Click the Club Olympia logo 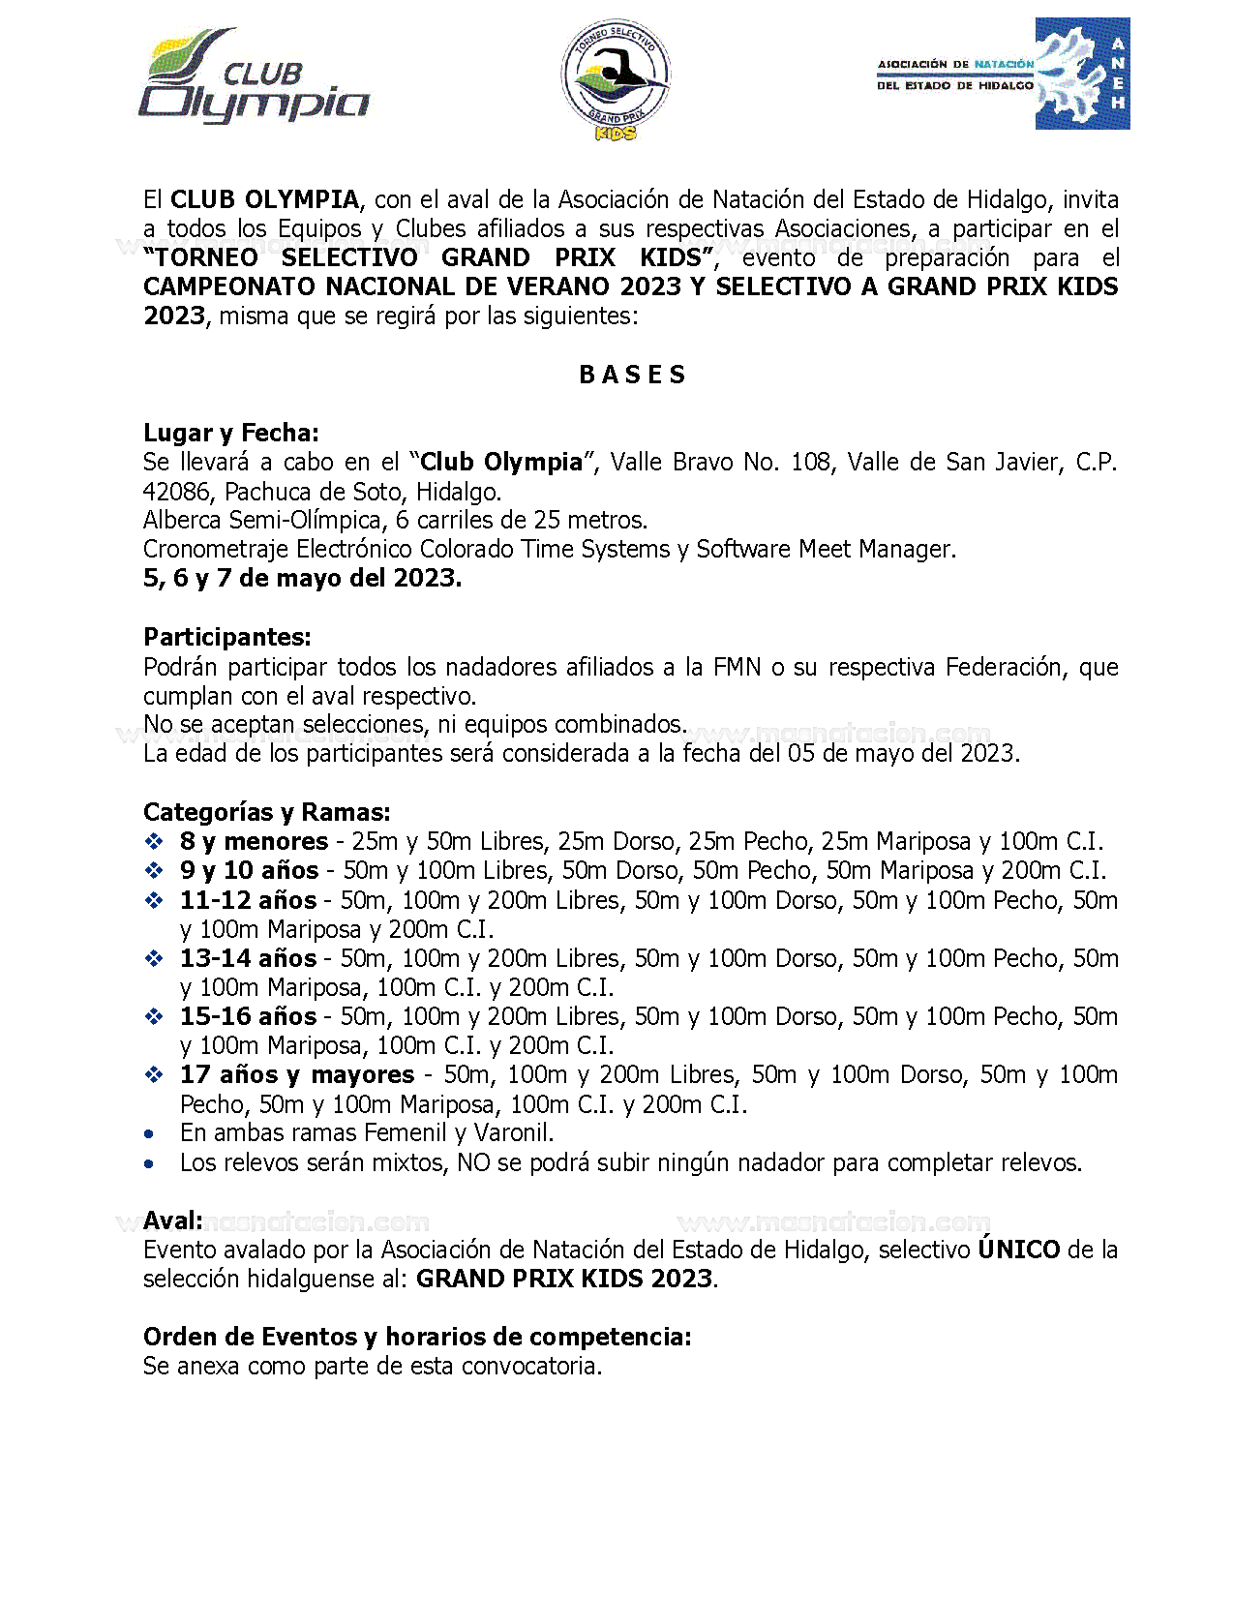click(x=254, y=77)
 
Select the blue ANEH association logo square click(x=1082, y=74)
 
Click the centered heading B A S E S click(x=632, y=376)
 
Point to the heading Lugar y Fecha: click(x=230, y=433)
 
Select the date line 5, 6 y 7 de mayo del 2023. click(x=302, y=579)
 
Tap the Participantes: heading click(x=227, y=637)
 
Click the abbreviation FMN click(x=737, y=667)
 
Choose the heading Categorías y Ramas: click(x=266, y=812)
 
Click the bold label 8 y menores click(x=254, y=842)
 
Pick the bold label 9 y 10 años click(x=249, y=871)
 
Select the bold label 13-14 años click(x=248, y=958)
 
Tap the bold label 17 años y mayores click(x=296, y=1075)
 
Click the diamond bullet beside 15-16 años click(x=153, y=1017)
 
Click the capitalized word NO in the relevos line click(x=473, y=1162)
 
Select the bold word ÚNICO click(x=1018, y=1250)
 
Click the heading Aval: click(x=173, y=1220)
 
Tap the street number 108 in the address click(x=810, y=463)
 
